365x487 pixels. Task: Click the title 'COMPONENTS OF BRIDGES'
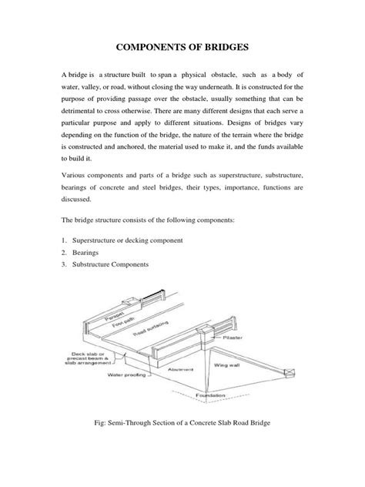pyautogui.click(x=182, y=48)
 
